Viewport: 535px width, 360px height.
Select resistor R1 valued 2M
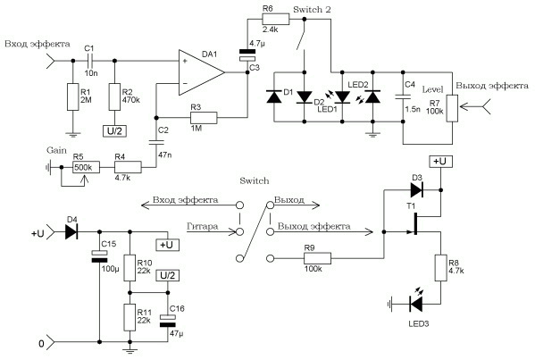point(72,96)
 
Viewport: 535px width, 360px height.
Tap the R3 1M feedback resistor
point(204,118)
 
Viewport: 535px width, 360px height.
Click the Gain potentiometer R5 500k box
point(86,167)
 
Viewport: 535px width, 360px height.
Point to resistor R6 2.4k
point(275,19)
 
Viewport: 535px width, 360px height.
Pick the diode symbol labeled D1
point(273,96)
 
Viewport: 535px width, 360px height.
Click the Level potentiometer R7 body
point(452,108)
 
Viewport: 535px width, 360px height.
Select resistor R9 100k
point(317,258)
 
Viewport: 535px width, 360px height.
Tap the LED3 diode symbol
point(416,304)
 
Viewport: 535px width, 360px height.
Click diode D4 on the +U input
point(71,232)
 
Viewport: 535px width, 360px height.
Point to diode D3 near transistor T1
point(416,189)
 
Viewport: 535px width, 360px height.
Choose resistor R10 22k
point(130,267)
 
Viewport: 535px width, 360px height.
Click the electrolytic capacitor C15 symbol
point(99,256)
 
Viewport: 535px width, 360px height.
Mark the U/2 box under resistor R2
point(114,131)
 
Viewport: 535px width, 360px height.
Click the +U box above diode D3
point(440,162)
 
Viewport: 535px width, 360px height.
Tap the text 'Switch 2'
point(312,10)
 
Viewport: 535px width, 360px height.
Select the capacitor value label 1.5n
point(413,109)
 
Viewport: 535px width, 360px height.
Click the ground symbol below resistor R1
point(72,135)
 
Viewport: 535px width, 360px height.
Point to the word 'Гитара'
point(203,226)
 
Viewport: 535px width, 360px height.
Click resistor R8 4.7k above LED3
point(441,267)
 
